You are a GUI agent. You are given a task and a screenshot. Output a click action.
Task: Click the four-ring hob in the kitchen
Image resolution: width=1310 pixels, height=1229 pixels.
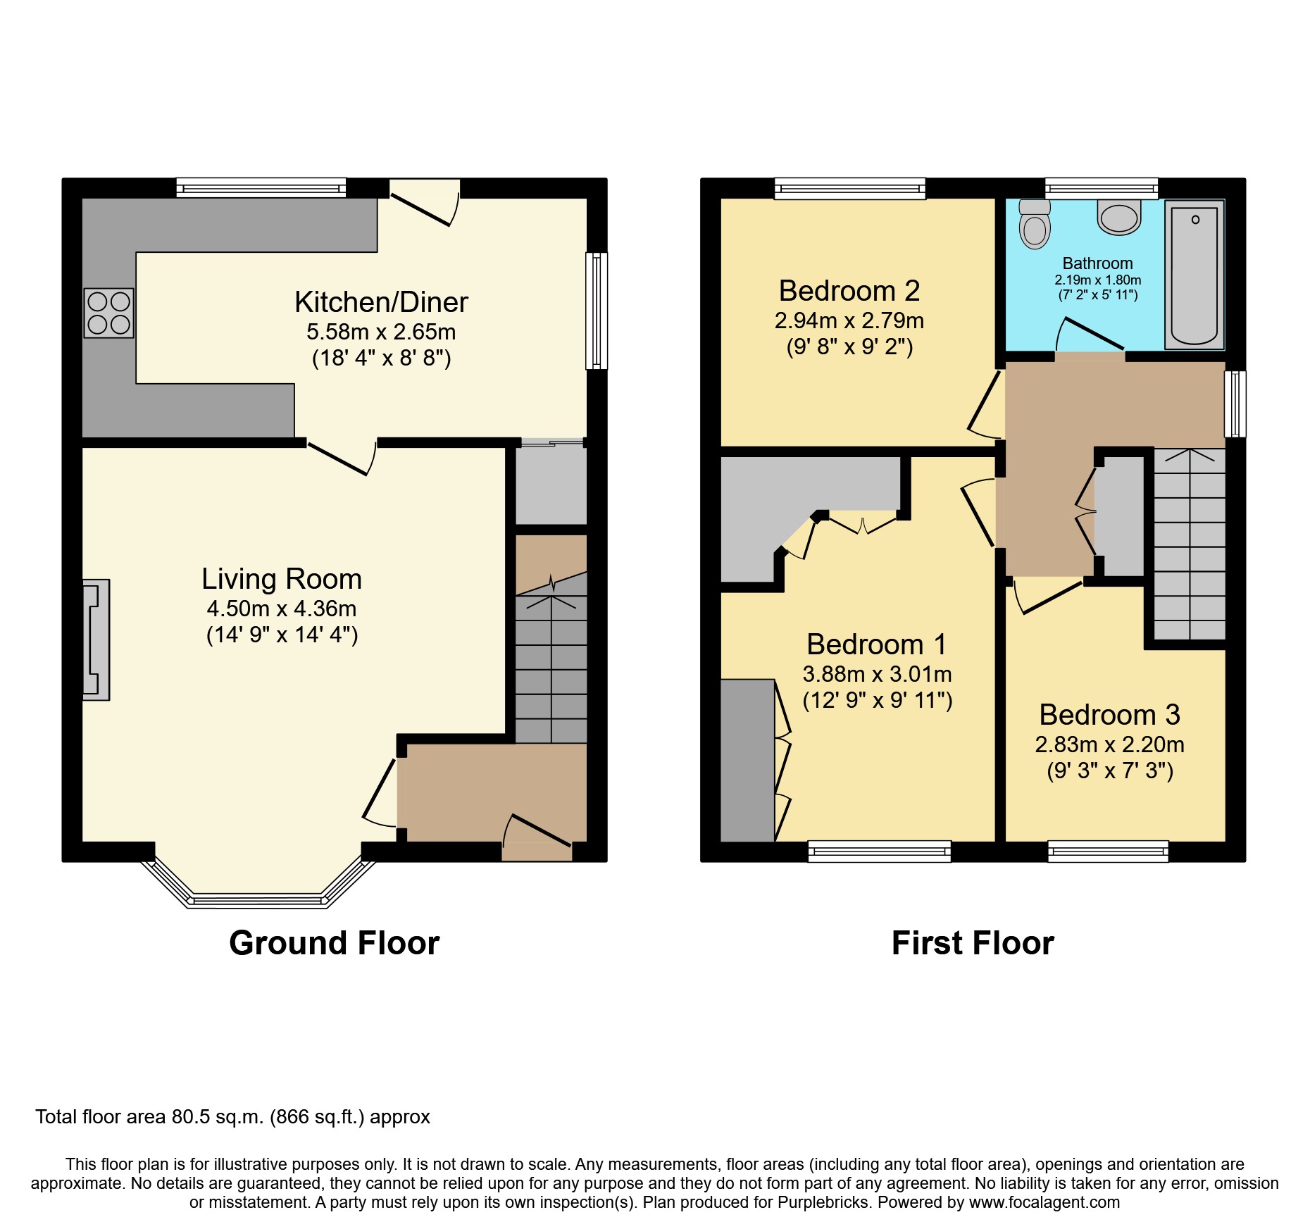pos(108,313)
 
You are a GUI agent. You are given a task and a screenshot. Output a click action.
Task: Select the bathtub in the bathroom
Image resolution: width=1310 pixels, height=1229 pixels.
pos(1194,275)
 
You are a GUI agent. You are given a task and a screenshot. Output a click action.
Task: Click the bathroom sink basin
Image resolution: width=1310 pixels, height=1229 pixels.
pos(1119,217)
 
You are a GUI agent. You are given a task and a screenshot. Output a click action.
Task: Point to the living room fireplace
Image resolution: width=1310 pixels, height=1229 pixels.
pos(96,640)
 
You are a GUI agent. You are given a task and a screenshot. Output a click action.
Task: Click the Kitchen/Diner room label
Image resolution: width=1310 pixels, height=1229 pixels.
pos(381,302)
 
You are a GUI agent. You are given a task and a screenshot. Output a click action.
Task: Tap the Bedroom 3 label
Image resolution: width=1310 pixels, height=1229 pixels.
pos(1109,715)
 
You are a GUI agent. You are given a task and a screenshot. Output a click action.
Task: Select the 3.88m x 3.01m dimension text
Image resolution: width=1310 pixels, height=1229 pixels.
pos(877,674)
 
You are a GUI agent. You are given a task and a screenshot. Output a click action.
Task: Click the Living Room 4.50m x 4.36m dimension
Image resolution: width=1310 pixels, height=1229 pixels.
pos(282,609)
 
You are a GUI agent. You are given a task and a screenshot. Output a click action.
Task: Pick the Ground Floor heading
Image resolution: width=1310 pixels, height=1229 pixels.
pos(334,942)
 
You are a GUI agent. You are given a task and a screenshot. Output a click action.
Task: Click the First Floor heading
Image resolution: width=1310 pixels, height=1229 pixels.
pos(973,942)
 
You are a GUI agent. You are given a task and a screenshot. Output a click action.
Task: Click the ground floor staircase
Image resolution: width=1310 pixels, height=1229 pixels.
pos(551,669)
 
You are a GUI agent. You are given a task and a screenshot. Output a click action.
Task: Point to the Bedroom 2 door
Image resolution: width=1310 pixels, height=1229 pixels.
pos(985,405)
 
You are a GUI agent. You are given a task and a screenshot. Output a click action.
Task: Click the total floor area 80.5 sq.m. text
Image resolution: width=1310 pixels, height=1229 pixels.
pos(232,1117)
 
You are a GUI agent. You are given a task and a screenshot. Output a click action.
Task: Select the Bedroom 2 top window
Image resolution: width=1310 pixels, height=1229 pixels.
pos(850,188)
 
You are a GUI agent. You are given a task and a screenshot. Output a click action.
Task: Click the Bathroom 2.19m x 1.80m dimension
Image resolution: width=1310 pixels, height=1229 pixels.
pos(1097,280)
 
